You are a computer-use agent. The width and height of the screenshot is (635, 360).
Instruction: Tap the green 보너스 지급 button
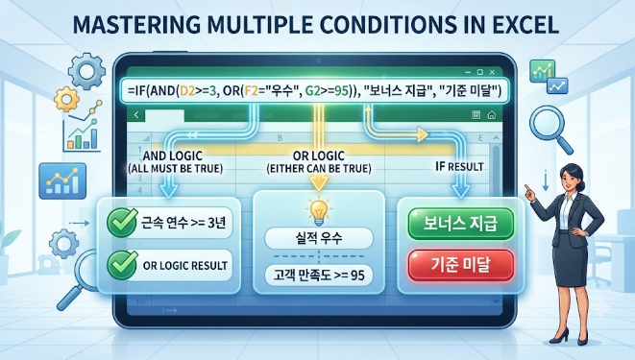pos(460,224)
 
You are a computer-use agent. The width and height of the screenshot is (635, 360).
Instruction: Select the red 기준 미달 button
pos(461,265)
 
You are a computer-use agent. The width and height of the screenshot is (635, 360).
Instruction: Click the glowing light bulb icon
pos(319,212)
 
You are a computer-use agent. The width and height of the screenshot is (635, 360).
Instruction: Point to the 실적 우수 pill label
pos(319,238)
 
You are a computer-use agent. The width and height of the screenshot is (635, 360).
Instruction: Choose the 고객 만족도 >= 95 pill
pos(319,276)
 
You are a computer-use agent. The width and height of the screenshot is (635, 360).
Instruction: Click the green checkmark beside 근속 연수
pos(122,222)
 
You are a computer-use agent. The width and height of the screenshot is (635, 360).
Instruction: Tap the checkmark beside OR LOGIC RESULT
pos(122,265)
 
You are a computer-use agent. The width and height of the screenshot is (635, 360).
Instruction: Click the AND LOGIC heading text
pos(173,156)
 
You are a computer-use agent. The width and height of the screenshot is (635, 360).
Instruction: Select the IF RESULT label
pos(459,166)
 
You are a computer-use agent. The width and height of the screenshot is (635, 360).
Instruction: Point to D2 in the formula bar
pos(187,91)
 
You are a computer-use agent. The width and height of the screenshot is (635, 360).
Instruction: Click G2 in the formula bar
pos(312,91)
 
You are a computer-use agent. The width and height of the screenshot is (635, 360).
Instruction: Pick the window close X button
pos(492,72)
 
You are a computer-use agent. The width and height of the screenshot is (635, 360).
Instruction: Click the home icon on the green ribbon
pos(492,115)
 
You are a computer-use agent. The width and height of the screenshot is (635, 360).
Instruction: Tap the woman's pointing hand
pos(529,191)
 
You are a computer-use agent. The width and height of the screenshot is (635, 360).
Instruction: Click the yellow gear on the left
pos(66,99)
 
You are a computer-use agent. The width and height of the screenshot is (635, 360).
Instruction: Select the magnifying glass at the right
pos(550,130)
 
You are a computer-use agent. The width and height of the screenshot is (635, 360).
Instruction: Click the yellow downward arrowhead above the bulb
pos(319,184)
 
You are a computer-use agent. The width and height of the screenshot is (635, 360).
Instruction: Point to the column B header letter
pos(280,138)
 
